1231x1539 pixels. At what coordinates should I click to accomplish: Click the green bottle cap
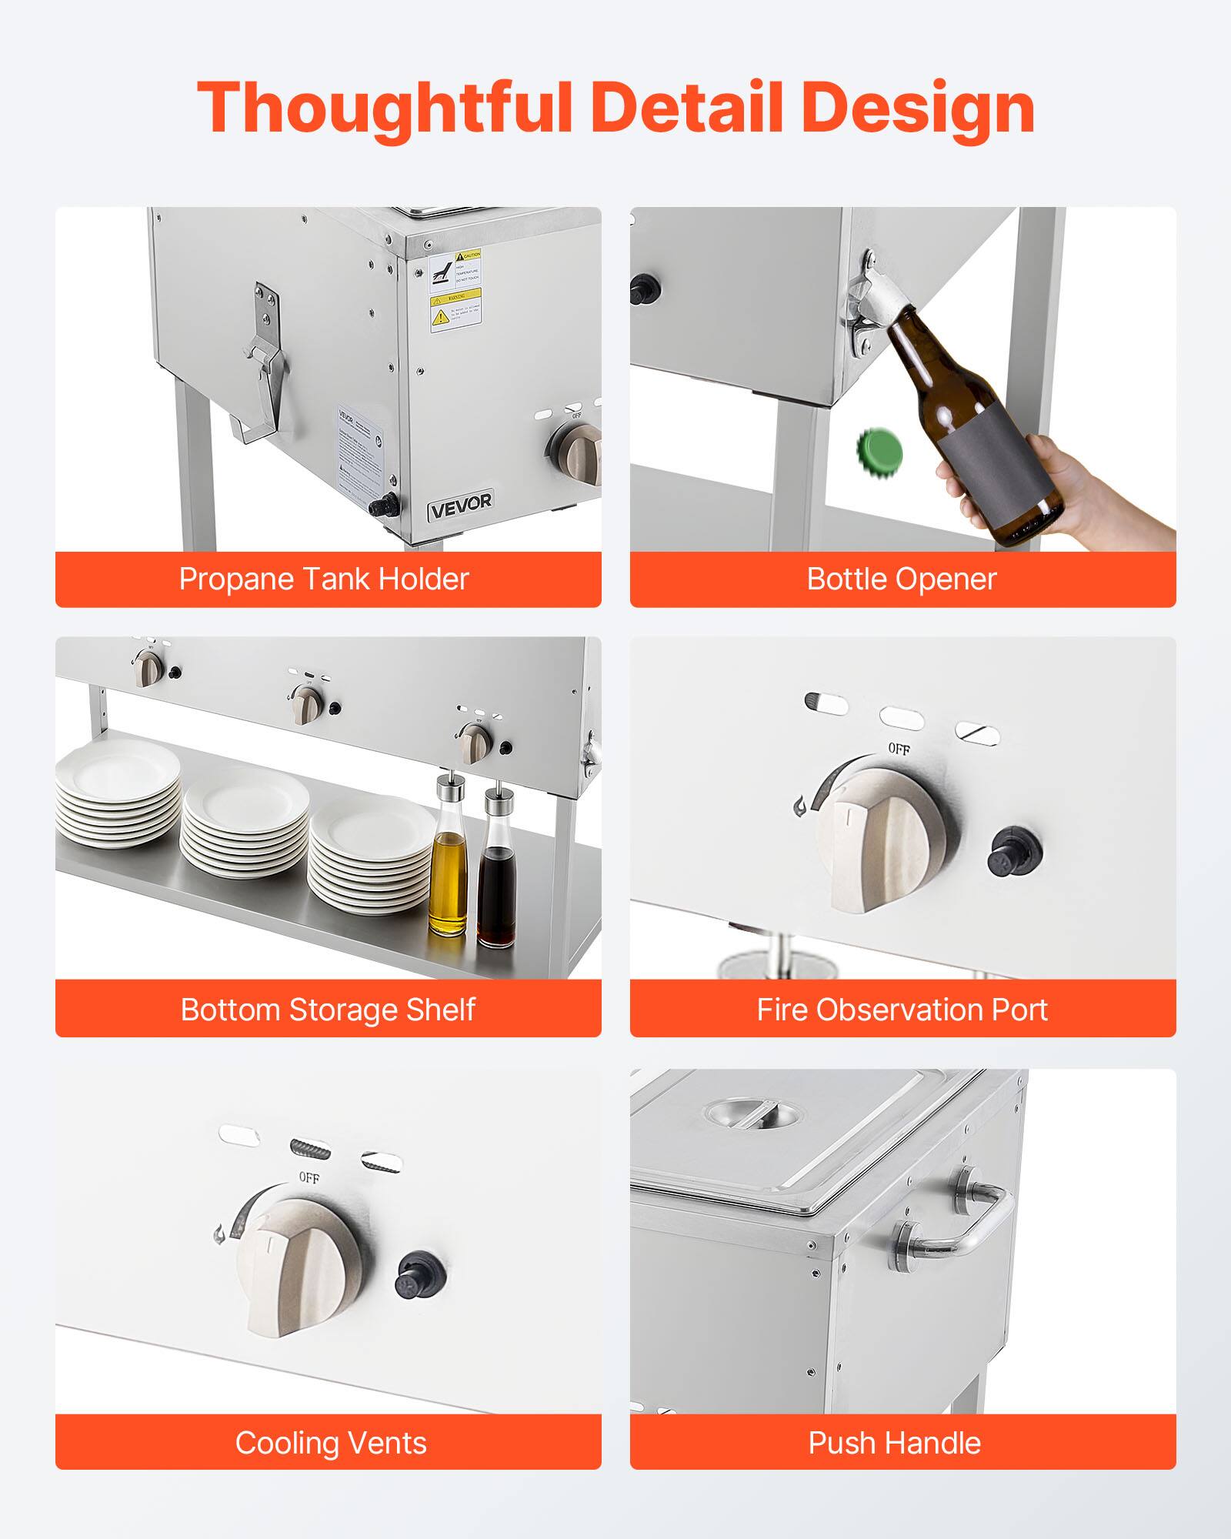pos(880,451)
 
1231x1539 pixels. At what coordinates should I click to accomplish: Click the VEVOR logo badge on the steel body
pos(460,506)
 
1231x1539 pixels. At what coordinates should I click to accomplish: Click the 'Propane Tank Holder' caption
pos(324,579)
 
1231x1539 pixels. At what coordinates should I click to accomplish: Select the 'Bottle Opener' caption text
pos(901,579)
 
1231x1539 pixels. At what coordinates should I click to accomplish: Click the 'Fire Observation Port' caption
pos(902,1010)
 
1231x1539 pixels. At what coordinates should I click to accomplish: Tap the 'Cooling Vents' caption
pos(331,1443)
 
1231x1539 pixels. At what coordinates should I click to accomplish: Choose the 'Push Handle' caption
pos(894,1443)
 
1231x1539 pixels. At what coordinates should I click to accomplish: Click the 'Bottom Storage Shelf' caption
pos(328,1010)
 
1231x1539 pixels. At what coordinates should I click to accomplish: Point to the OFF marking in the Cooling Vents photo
pos(309,1178)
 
